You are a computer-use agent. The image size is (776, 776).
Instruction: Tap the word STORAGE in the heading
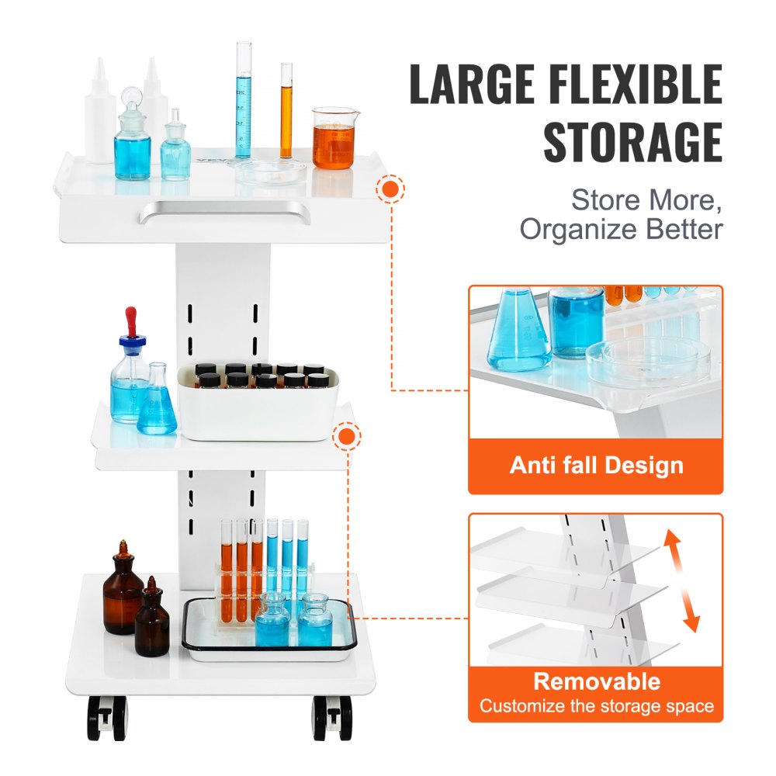(x=632, y=143)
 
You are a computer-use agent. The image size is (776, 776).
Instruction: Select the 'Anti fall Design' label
(x=596, y=466)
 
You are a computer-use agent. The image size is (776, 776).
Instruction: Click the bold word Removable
(x=596, y=681)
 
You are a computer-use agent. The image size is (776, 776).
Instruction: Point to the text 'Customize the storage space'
(x=596, y=706)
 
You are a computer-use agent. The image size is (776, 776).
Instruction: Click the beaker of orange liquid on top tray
(x=334, y=140)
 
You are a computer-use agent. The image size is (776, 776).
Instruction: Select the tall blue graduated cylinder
(x=244, y=101)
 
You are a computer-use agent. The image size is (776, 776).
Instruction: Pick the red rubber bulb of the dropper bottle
(x=131, y=320)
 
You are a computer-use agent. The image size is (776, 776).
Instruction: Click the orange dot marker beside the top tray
(x=391, y=189)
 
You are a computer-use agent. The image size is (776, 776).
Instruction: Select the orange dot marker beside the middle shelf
(x=346, y=437)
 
